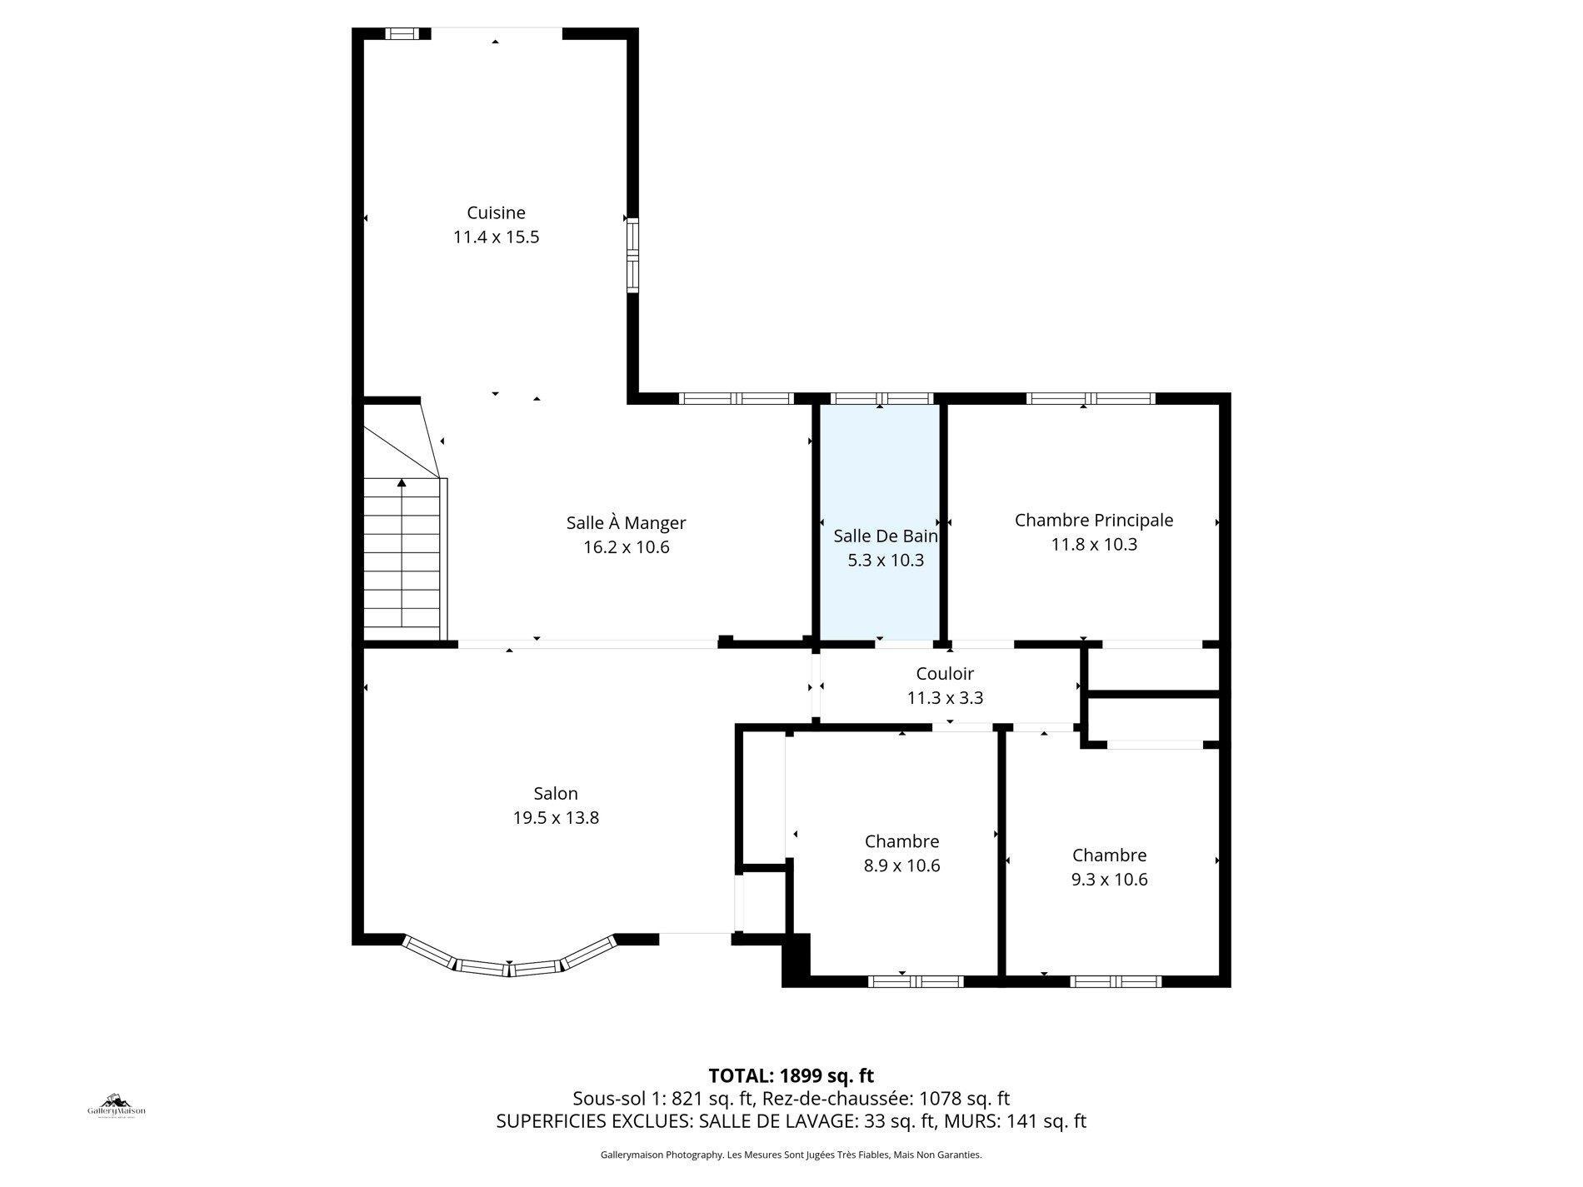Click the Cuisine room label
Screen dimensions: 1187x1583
click(496, 212)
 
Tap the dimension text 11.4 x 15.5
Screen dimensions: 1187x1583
click(496, 237)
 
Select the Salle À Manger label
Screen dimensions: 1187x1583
click(626, 523)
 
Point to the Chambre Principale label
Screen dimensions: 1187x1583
click(1093, 520)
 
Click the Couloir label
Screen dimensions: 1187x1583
click(944, 673)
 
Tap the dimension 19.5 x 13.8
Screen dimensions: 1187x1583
click(556, 818)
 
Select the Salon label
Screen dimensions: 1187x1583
click(556, 794)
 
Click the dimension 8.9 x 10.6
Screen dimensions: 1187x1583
click(901, 865)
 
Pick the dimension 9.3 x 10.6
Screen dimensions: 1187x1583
click(1109, 880)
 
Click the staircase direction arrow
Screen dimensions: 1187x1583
click(402, 483)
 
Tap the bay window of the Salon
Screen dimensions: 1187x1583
click(509, 965)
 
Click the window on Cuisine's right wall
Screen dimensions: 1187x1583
click(632, 256)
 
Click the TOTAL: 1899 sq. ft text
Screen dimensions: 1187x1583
click(791, 1075)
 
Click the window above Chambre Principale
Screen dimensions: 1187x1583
click(1090, 398)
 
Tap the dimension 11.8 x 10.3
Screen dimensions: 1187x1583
click(1093, 545)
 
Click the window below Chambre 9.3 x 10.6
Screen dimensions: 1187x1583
click(1115, 981)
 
